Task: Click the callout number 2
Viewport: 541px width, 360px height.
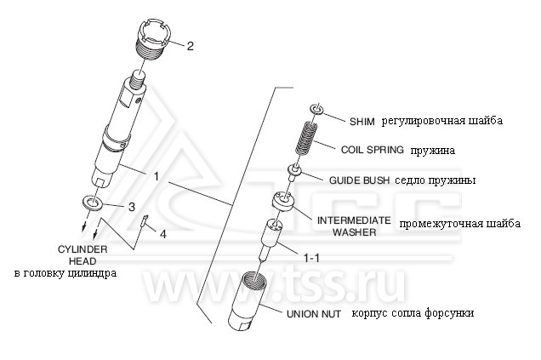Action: point(190,46)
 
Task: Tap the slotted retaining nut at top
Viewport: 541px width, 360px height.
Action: point(155,40)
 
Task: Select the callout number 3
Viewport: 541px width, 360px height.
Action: point(132,207)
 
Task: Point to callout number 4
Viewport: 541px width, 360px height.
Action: point(162,234)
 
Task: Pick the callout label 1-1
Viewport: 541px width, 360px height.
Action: point(310,258)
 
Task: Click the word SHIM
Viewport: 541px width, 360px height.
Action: point(362,122)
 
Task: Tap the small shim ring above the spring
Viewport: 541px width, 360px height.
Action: point(316,110)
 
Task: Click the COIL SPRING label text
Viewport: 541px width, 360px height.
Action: point(373,150)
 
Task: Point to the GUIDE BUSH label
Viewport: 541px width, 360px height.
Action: point(359,180)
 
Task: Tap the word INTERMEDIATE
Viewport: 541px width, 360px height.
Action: point(354,220)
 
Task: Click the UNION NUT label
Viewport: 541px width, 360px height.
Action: point(314,314)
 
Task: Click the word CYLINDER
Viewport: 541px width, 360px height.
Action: point(83,249)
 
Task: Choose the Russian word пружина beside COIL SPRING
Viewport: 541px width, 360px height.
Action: point(433,151)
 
